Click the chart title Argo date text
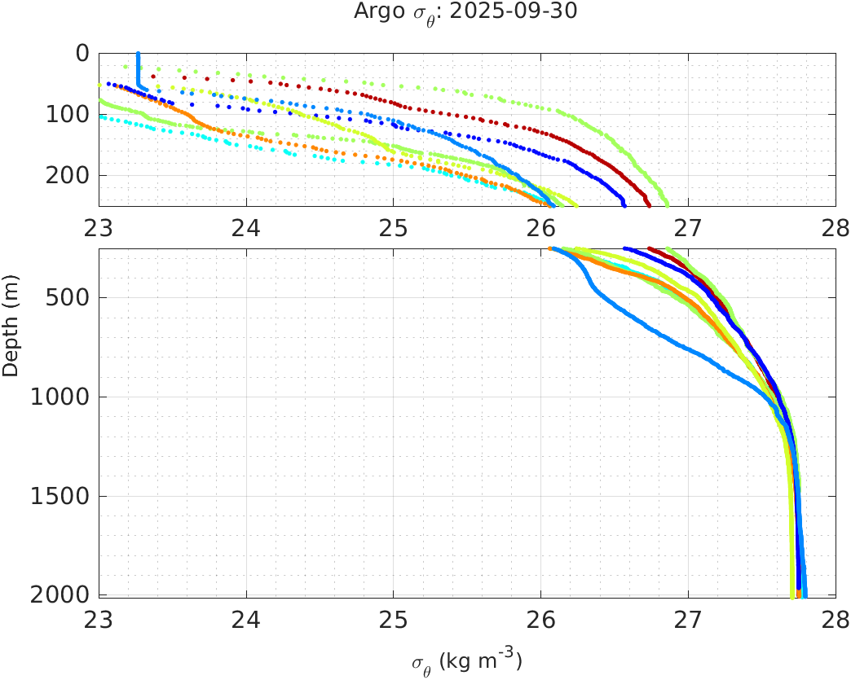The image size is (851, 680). click(x=466, y=12)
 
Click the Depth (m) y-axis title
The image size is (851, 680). click(x=11, y=324)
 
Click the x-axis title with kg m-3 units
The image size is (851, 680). click(x=466, y=661)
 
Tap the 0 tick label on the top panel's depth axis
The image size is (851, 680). click(x=82, y=54)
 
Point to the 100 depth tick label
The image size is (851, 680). click(x=69, y=115)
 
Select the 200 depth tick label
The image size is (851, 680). click(x=69, y=176)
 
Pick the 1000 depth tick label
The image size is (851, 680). click(x=64, y=397)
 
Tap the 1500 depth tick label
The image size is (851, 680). click(x=64, y=497)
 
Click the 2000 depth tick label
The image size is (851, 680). click(x=64, y=595)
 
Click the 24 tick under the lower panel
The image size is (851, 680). click(x=246, y=618)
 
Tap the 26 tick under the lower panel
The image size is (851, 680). click(x=541, y=618)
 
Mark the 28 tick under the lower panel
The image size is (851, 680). click(x=835, y=618)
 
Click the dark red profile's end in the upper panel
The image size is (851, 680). click(x=647, y=204)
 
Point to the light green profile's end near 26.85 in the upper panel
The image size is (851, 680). click(x=668, y=204)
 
